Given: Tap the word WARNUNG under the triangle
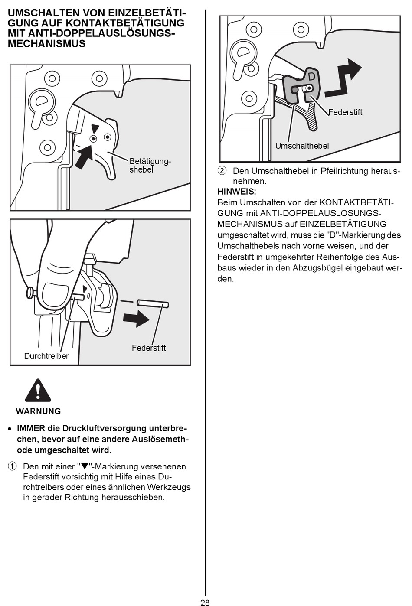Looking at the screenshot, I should [38, 411].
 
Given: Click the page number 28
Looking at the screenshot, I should [205, 602].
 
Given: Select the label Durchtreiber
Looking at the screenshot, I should [46, 356].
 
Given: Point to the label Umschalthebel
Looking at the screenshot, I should [302, 146].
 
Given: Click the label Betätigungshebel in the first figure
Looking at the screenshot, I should [150, 165].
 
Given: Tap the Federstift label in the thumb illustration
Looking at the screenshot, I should [148, 348].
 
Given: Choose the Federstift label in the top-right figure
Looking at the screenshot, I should [345, 112].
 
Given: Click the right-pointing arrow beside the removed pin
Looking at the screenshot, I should [136, 319].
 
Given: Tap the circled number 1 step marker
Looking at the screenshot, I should [12, 466].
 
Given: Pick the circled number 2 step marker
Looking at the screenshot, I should [222, 171].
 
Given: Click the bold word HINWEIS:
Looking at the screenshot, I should [237, 192].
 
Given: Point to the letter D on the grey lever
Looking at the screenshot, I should [311, 77].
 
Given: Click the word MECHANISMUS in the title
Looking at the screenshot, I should [46, 44].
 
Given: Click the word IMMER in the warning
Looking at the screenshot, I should [31, 428].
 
